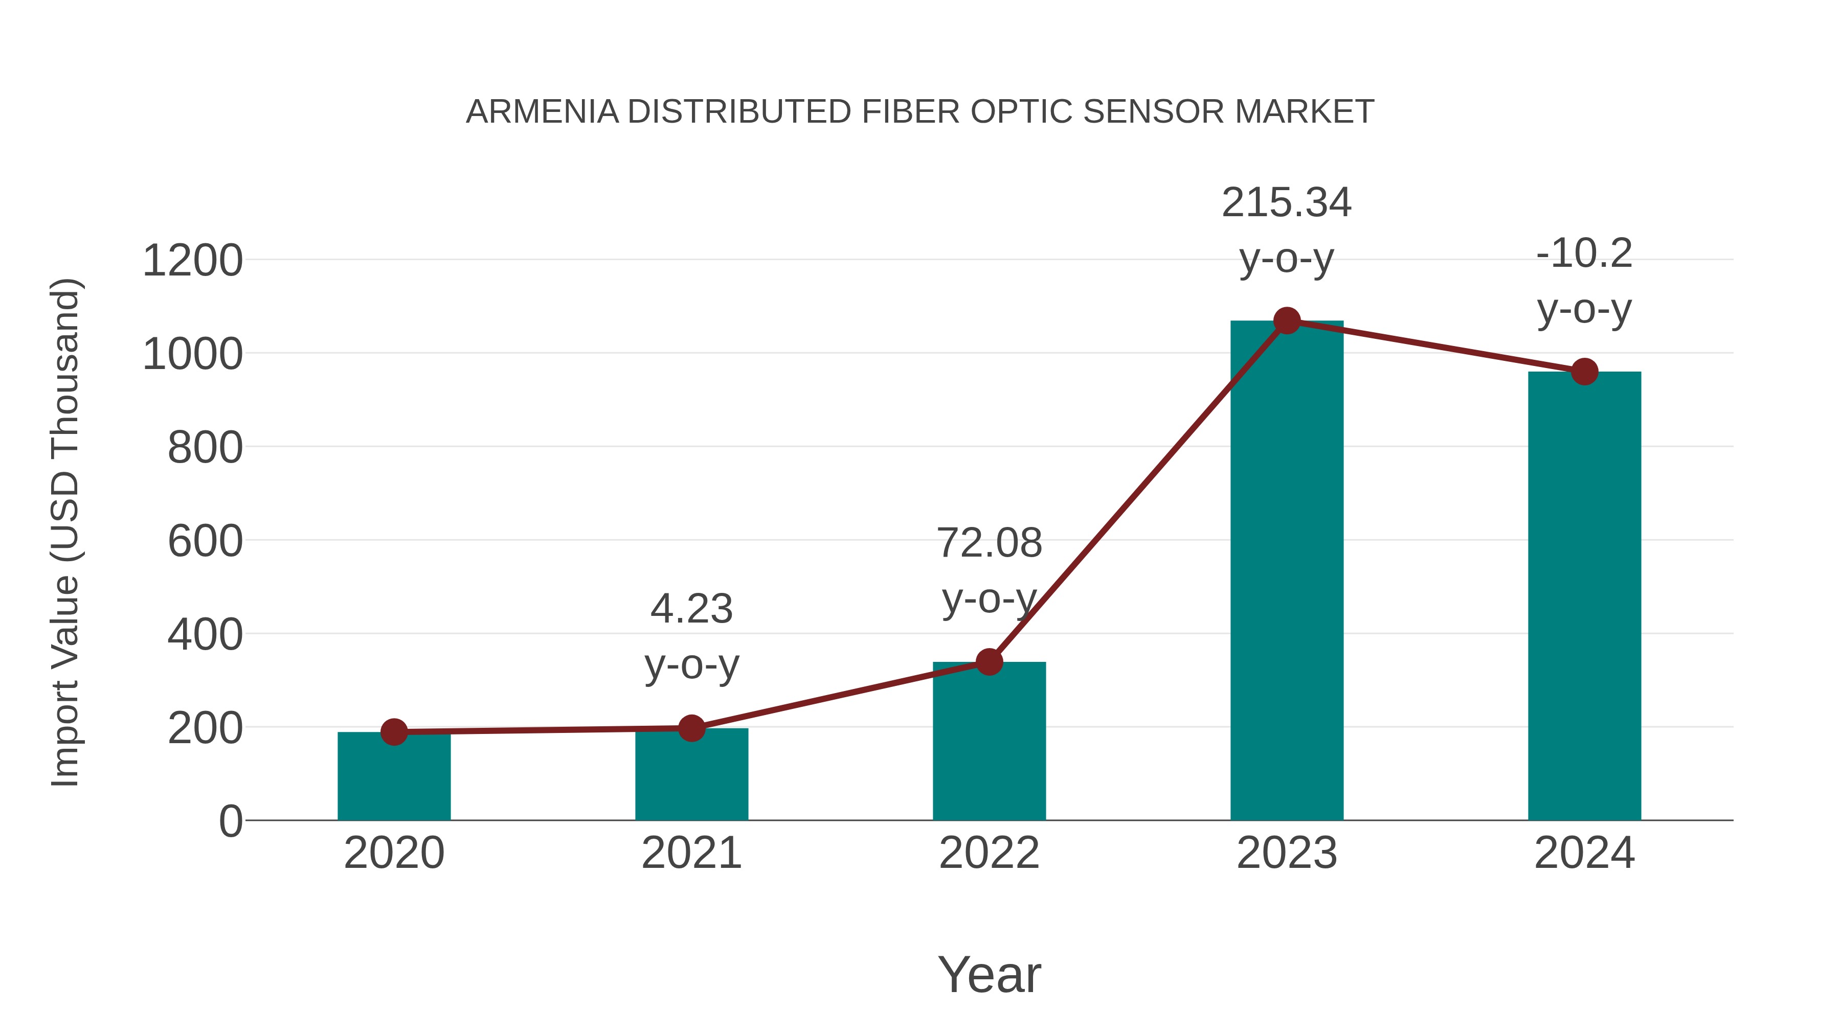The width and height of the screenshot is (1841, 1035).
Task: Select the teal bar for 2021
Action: point(691,778)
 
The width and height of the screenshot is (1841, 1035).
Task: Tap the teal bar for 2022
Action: point(989,743)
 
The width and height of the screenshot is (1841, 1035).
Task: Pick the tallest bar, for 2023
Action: point(1287,571)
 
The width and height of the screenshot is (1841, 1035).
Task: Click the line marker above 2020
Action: point(394,731)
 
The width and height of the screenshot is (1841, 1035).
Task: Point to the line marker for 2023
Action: point(1287,320)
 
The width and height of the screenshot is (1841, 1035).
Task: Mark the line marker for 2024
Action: point(1584,372)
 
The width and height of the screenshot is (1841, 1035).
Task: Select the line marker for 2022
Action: point(989,662)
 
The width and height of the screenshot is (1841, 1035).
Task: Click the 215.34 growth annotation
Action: point(1287,203)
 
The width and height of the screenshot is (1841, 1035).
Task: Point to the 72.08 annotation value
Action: point(989,544)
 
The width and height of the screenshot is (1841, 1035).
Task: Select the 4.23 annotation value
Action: point(691,609)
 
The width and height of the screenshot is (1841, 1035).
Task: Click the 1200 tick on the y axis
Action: point(192,261)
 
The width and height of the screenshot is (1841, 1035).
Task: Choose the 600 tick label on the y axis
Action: point(205,541)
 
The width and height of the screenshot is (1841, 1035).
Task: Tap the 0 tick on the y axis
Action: point(230,821)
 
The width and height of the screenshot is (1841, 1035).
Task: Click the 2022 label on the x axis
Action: point(989,854)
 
